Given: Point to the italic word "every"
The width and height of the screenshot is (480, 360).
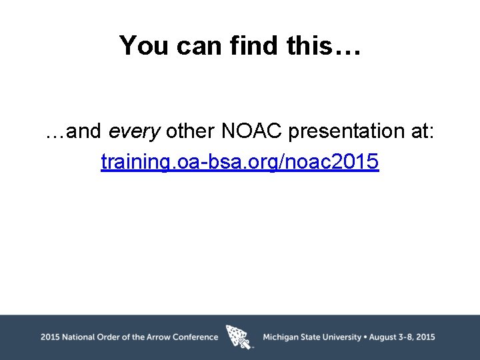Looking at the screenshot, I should (x=135, y=132).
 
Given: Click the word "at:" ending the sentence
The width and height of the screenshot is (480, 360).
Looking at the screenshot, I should (x=419, y=132).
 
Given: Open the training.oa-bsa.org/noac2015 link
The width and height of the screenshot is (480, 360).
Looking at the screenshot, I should (x=240, y=162).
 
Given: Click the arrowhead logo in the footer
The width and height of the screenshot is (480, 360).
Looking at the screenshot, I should (x=239, y=337).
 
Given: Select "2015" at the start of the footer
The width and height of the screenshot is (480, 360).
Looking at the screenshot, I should (x=50, y=337).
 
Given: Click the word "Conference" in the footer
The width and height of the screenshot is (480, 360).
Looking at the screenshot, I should (x=195, y=337).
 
